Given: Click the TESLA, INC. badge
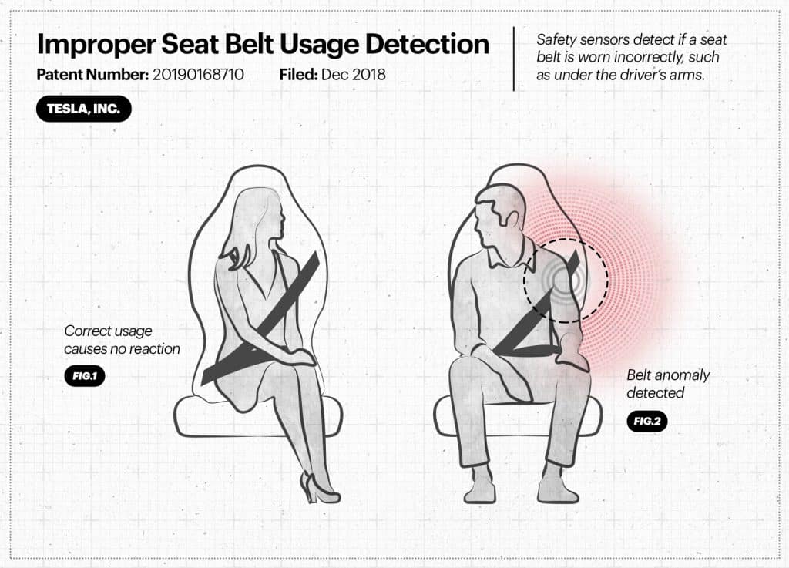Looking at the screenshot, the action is pos(83,109).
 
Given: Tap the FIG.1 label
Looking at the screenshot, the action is pos(85,376).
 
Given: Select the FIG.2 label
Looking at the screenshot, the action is pos(646,421).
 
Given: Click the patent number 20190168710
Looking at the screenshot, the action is pos(198,75).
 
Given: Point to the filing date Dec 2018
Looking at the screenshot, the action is pos(353,75).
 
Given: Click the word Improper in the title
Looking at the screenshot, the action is pos(96,45).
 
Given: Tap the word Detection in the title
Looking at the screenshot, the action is pos(427,44).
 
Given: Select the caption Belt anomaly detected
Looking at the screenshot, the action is pos(668,383).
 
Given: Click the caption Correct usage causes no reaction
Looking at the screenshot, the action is pos(122,340).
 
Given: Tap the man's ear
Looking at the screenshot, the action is pos(512,220).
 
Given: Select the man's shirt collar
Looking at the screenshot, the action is pos(509,255).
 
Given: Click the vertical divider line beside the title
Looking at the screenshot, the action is pos(514,59).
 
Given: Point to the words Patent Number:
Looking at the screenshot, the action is pos(92,75).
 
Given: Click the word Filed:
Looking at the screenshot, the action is pos(298,75).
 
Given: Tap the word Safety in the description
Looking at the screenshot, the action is pos(556,40).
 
